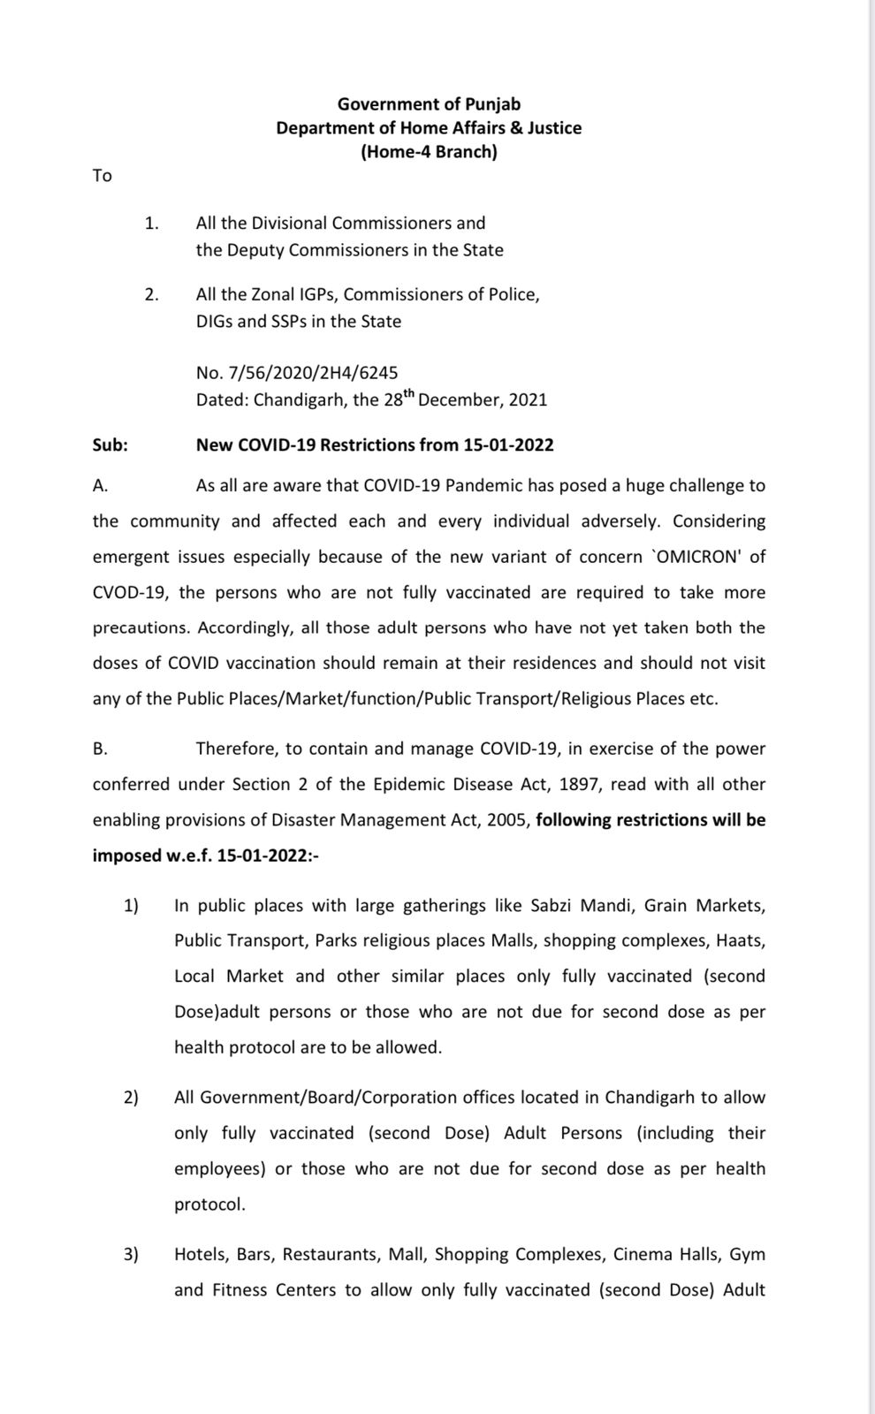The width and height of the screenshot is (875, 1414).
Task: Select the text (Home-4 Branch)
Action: pyautogui.click(x=429, y=152)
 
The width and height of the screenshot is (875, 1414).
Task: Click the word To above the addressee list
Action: pyautogui.click(x=103, y=176)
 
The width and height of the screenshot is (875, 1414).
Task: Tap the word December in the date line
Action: pyautogui.click(x=458, y=400)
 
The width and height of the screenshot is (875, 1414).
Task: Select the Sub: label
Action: pyautogui.click(x=110, y=445)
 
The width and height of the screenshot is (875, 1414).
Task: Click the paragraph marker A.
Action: pyautogui.click(x=100, y=486)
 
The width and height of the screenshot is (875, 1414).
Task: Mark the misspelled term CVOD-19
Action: pyautogui.click(x=125, y=593)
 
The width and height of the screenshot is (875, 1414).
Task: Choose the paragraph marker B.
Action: pyautogui.click(x=100, y=749)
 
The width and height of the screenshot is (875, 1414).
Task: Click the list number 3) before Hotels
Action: pyautogui.click(x=131, y=1255)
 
